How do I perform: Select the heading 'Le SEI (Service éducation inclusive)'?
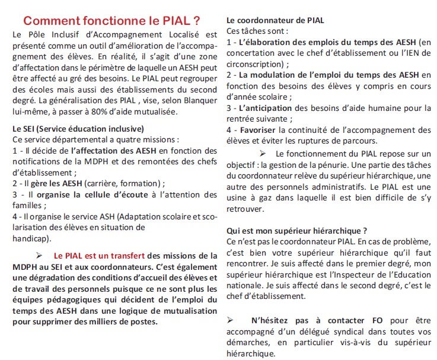[78, 128]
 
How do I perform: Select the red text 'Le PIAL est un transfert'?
[99, 256]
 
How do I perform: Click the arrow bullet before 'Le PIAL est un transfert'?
[40, 256]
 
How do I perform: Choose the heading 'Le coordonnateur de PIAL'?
[275, 20]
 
